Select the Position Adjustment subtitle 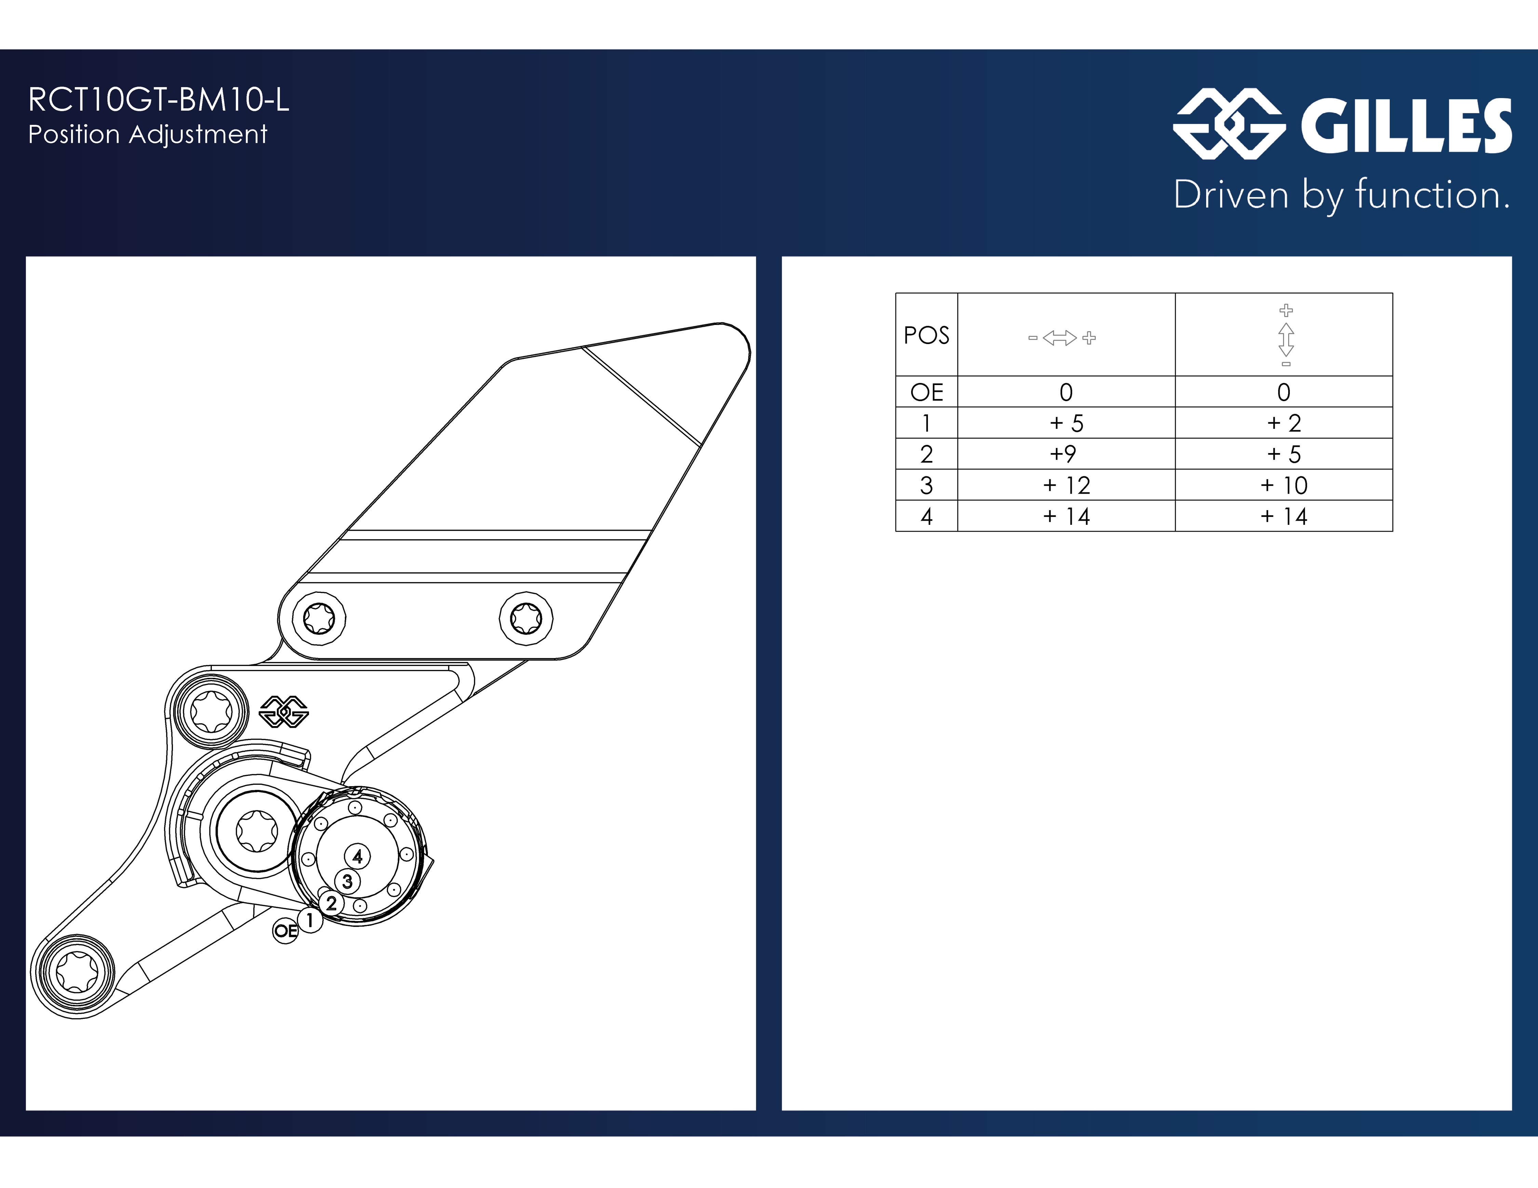[x=148, y=134]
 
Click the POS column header [x=926, y=335]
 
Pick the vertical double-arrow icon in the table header [x=1286, y=336]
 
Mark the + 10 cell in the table [x=1284, y=485]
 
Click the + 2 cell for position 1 [x=1284, y=423]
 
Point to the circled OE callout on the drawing [x=285, y=931]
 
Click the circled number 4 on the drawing [x=357, y=857]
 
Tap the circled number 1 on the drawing [x=309, y=920]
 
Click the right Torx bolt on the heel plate [x=526, y=619]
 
